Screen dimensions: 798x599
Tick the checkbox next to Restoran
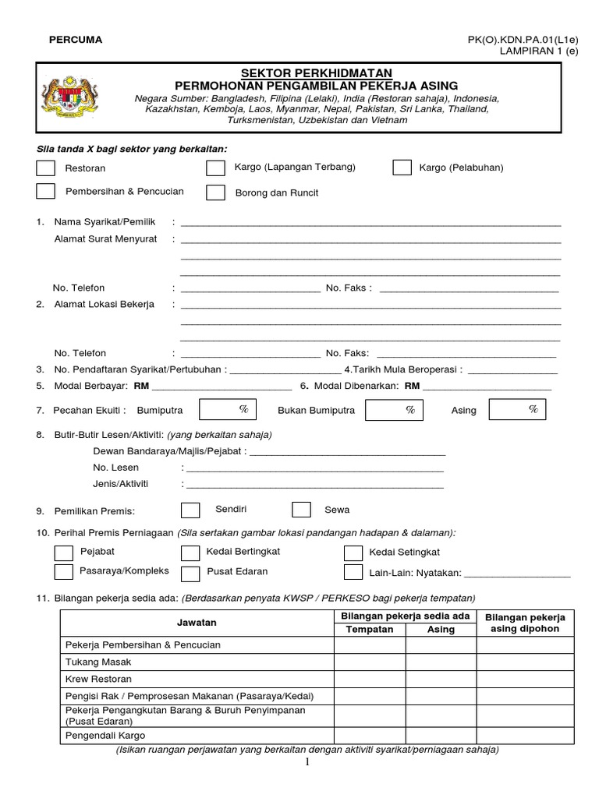[x=46, y=168]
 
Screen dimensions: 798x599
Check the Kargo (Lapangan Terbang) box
[x=215, y=168]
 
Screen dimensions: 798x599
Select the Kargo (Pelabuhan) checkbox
[x=402, y=168]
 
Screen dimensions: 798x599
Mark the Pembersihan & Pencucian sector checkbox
[x=46, y=191]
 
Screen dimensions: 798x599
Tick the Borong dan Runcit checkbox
[x=215, y=192]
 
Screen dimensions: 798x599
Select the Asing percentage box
[x=516, y=409]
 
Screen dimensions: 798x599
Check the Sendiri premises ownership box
[x=190, y=510]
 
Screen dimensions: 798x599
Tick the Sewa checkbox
[x=301, y=510]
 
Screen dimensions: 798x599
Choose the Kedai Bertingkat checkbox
[x=190, y=553]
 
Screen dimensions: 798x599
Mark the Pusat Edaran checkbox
[x=190, y=573]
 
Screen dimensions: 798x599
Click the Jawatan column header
[x=197, y=623]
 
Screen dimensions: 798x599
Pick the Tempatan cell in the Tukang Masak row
[x=370, y=662]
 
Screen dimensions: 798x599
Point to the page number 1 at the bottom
[x=308, y=762]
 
